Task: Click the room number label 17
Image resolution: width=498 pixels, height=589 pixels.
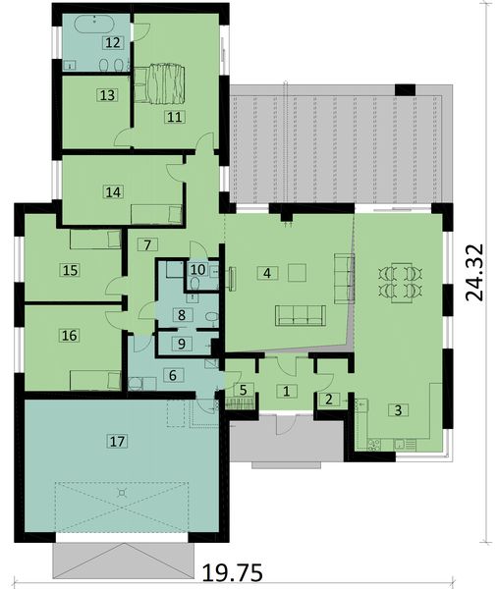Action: point(117,443)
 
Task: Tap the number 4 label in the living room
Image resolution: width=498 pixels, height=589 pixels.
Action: point(264,272)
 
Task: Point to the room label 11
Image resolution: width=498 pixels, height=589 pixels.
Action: point(175,117)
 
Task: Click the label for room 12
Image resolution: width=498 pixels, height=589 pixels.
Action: point(113,42)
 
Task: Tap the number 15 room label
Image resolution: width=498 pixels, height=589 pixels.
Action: point(68,269)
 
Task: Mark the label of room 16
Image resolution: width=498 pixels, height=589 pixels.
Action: point(68,335)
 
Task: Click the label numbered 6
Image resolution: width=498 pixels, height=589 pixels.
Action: point(172,374)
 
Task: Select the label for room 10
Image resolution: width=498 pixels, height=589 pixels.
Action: point(196,269)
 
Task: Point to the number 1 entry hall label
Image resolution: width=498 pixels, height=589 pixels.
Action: point(286,391)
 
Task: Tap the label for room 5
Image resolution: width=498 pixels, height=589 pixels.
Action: point(242,391)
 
